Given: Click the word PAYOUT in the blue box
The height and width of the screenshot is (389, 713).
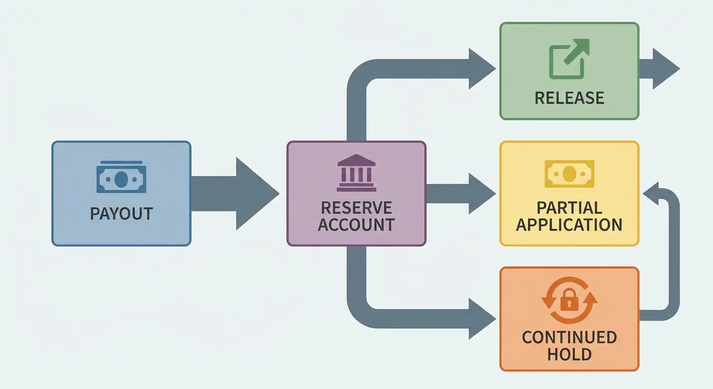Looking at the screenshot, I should [121, 213].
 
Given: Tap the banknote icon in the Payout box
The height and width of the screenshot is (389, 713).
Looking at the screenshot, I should [121, 177].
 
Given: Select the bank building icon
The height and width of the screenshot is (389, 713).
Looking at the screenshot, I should [356, 173].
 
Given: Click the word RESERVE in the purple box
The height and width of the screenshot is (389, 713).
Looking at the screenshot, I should [356, 207].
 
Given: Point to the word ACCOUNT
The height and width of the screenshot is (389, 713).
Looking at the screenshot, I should [356, 224].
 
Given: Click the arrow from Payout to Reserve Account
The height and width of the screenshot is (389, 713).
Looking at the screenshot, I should [235, 193].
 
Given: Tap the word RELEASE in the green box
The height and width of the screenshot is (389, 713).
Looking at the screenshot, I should [569, 97].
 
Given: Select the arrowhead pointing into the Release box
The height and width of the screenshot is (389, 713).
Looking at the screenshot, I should [481, 69].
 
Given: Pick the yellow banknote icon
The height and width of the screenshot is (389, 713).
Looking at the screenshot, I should [569, 174].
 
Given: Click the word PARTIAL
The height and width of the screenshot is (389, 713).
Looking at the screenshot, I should [569, 207].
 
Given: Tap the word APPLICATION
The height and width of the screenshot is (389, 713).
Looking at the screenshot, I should [569, 224].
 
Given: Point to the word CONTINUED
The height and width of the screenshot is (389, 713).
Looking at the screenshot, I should [569, 337].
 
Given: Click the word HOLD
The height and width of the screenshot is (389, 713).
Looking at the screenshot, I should [569, 354].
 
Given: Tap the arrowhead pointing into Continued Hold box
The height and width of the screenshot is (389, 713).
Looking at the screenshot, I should [481, 319].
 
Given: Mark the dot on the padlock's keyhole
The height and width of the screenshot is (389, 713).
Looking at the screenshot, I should [569, 303].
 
